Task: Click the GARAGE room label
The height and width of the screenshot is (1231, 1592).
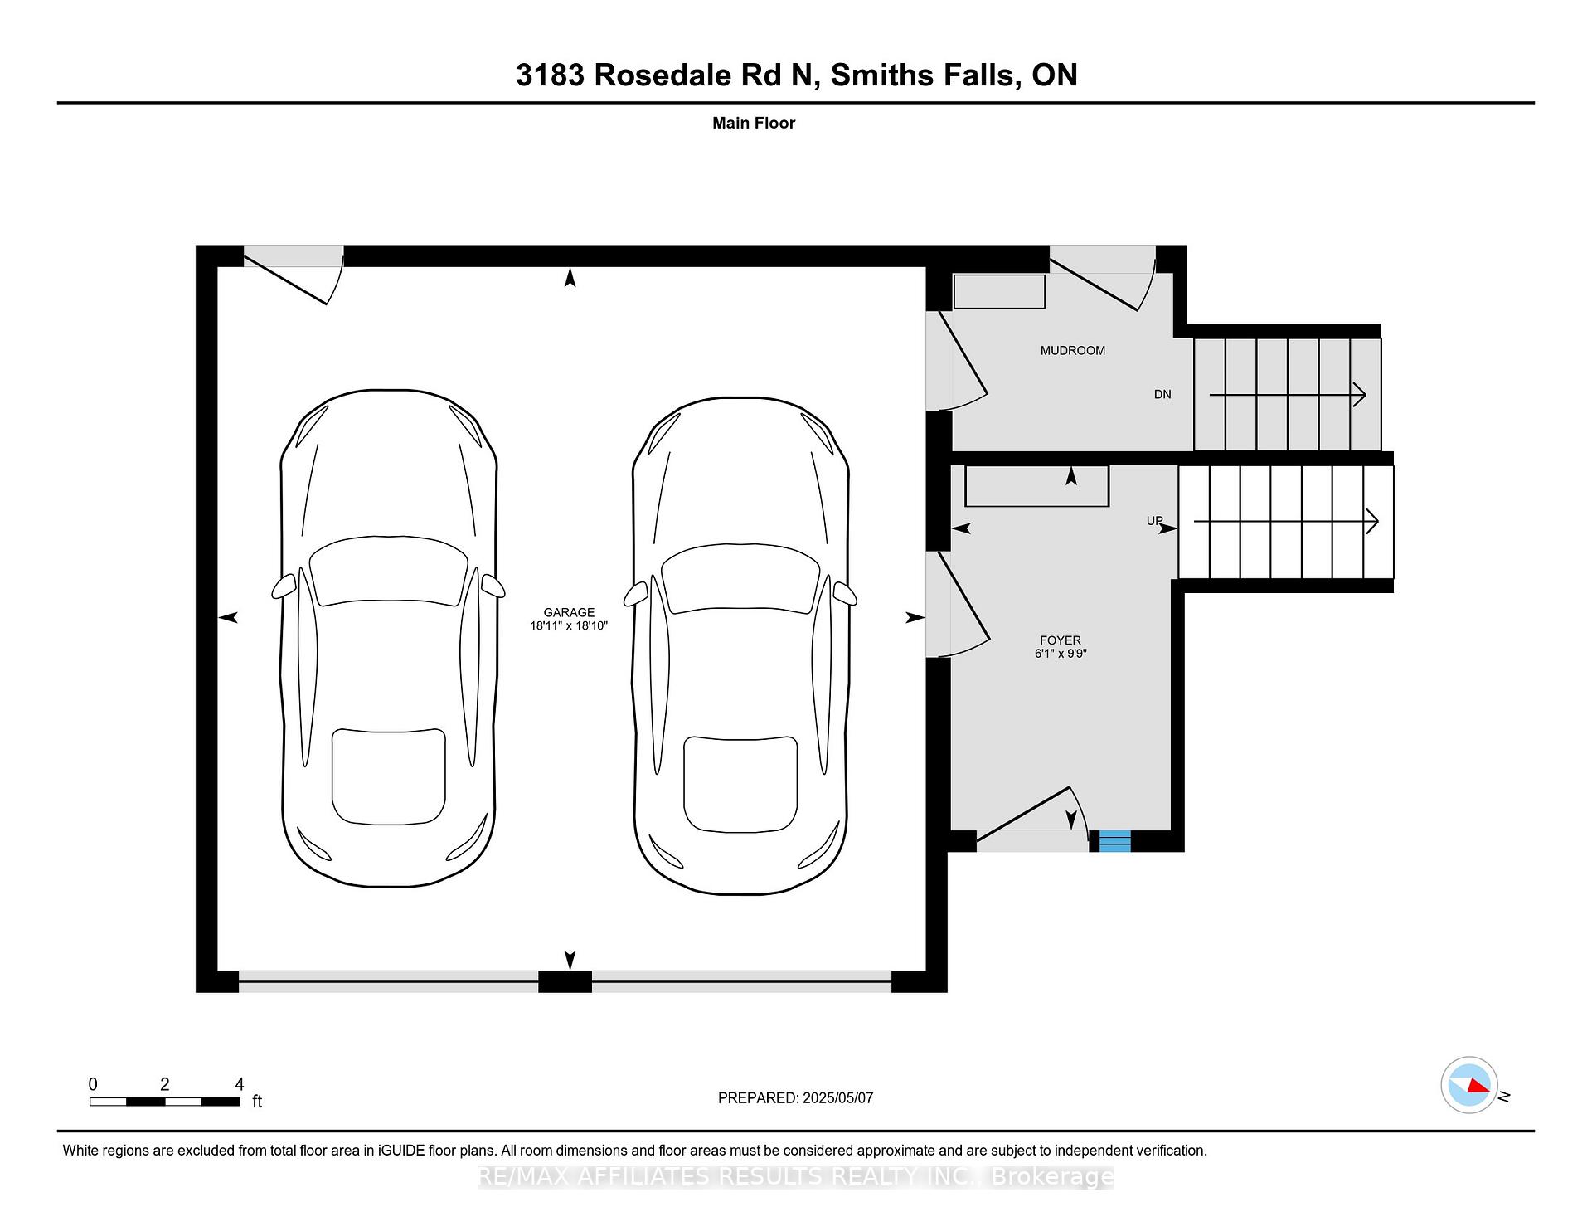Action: pyautogui.click(x=569, y=612)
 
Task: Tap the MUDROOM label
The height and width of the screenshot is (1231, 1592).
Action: pyautogui.click(x=1073, y=351)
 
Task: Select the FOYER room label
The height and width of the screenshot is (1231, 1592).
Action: pyautogui.click(x=1061, y=640)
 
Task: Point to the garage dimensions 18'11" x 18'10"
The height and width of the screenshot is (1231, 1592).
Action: pyautogui.click(x=569, y=626)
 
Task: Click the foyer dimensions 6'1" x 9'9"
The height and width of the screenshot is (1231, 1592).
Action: pyautogui.click(x=1061, y=654)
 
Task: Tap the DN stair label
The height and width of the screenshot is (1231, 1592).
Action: pyautogui.click(x=1162, y=394)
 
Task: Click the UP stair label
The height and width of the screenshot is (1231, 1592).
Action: pyautogui.click(x=1155, y=521)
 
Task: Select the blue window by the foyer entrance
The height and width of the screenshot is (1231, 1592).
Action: pyautogui.click(x=1114, y=840)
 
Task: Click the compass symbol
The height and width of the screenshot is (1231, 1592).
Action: pyautogui.click(x=1469, y=1085)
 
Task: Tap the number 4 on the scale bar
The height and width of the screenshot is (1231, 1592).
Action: pyautogui.click(x=240, y=1084)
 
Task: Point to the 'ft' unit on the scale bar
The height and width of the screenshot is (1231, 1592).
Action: pyautogui.click(x=257, y=1102)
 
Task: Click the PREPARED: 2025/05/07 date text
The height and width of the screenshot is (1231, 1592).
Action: pyautogui.click(x=796, y=1097)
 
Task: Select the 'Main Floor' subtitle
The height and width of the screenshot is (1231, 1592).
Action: pyautogui.click(x=754, y=123)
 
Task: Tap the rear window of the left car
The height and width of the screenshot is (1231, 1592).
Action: pyautogui.click(x=389, y=776)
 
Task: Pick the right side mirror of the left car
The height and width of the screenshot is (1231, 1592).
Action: pyautogui.click(x=493, y=586)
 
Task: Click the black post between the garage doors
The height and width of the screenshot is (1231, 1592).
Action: pyautogui.click(x=565, y=981)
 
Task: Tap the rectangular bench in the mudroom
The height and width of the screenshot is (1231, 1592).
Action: pyautogui.click(x=999, y=292)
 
